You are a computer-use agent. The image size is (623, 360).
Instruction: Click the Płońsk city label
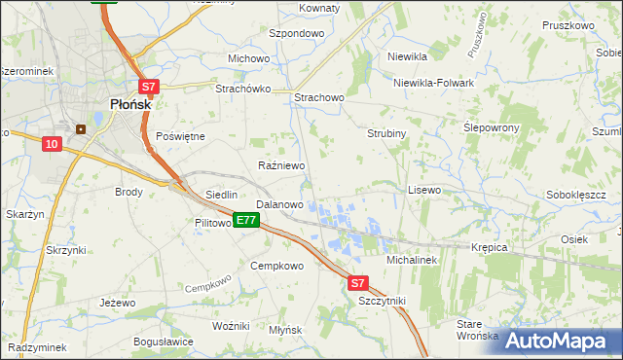pos(122,105)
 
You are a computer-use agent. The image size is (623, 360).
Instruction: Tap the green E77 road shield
pos(245,221)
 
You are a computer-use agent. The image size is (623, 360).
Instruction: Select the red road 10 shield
pos(52,144)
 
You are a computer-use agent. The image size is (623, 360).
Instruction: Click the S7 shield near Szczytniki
pos(358,283)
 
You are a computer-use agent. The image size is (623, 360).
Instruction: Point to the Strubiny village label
pos(385,132)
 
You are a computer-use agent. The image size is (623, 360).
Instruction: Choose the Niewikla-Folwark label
pos(433,83)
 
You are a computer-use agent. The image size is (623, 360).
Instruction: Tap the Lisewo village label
pos(424,190)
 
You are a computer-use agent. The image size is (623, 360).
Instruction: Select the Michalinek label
pos(414,261)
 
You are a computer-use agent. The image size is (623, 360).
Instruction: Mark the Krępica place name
pos(491,247)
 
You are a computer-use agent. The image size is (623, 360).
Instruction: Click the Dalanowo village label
pos(279,205)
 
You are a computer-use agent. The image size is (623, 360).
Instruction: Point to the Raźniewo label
pos(282,166)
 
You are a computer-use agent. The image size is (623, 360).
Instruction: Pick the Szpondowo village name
pos(296,32)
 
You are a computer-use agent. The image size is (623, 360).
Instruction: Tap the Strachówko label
pos(242,89)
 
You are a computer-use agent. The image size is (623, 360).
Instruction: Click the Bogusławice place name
pos(164,342)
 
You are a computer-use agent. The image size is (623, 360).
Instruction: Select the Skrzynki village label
pos(66,250)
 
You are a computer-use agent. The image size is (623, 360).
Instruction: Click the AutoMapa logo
pos(556,341)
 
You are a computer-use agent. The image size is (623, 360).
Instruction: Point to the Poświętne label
pos(180,136)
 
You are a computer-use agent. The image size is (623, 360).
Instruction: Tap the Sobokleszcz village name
pos(575,195)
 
